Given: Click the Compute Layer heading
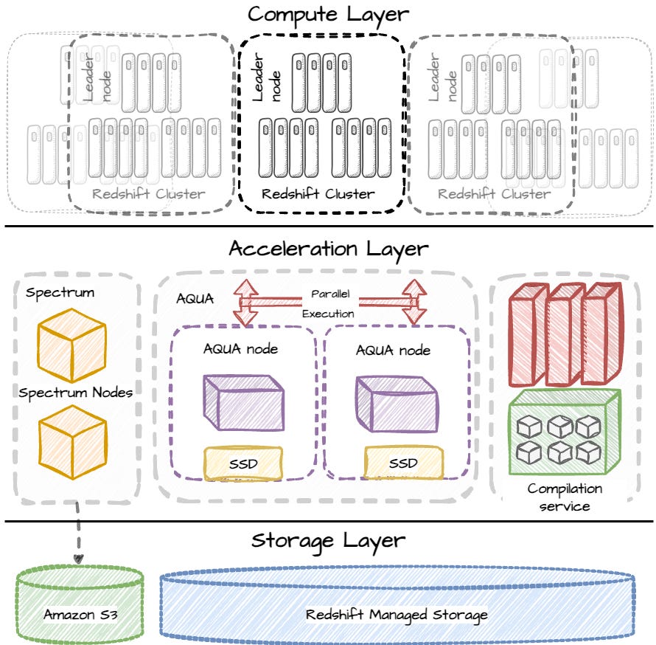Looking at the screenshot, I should [328, 14].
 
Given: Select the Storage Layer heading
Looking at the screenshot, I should [328, 540].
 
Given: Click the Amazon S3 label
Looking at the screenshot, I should [79, 614].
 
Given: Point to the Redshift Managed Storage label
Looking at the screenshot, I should [397, 614].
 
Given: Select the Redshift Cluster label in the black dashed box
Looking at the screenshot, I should [318, 194].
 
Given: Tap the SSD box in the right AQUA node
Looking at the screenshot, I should [402, 463].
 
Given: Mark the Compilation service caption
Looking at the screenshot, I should [565, 497].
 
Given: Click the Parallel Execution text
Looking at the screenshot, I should [329, 303].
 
